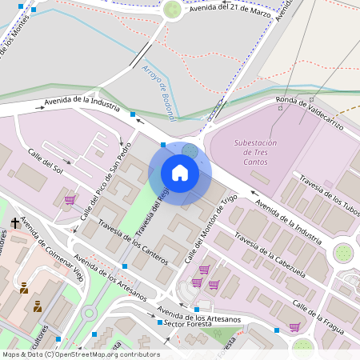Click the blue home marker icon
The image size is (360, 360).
click(x=180, y=173)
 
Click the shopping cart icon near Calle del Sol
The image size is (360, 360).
click(x=70, y=199)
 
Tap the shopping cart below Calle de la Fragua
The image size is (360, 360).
click(x=294, y=326)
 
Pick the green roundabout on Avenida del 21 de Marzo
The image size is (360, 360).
click(x=172, y=10)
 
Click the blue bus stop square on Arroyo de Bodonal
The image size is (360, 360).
click(x=133, y=114)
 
